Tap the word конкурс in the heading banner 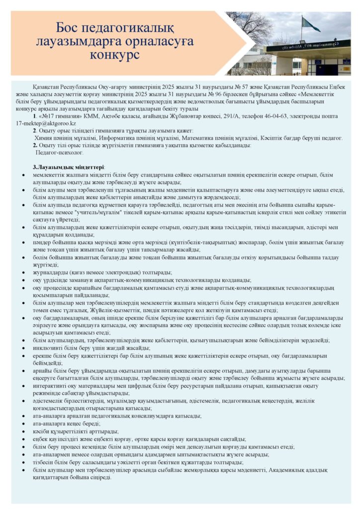[115, 54]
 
